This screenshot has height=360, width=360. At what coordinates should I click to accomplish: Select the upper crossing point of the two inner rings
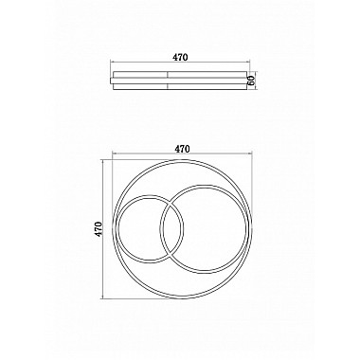click(168, 202)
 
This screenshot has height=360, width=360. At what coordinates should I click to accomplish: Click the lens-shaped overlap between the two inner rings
click(171, 230)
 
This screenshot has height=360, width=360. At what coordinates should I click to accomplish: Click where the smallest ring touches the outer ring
click(115, 230)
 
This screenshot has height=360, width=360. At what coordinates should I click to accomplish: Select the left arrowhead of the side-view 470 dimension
click(113, 63)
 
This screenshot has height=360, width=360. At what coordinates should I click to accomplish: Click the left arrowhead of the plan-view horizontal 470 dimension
click(114, 153)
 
